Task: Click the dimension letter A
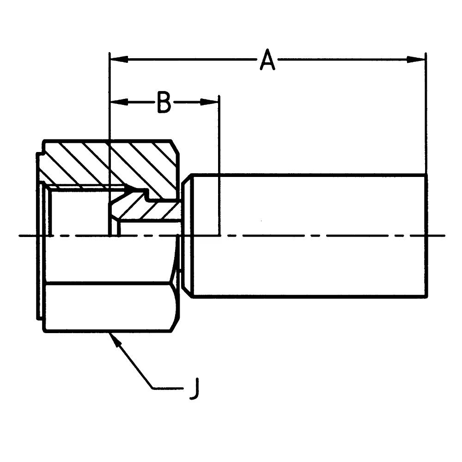[267, 61]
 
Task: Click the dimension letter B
[164, 102]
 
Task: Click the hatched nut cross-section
[139, 162]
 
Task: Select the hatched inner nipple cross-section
[148, 210]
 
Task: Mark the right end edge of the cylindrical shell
[426, 236]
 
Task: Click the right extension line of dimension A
[426, 115]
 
